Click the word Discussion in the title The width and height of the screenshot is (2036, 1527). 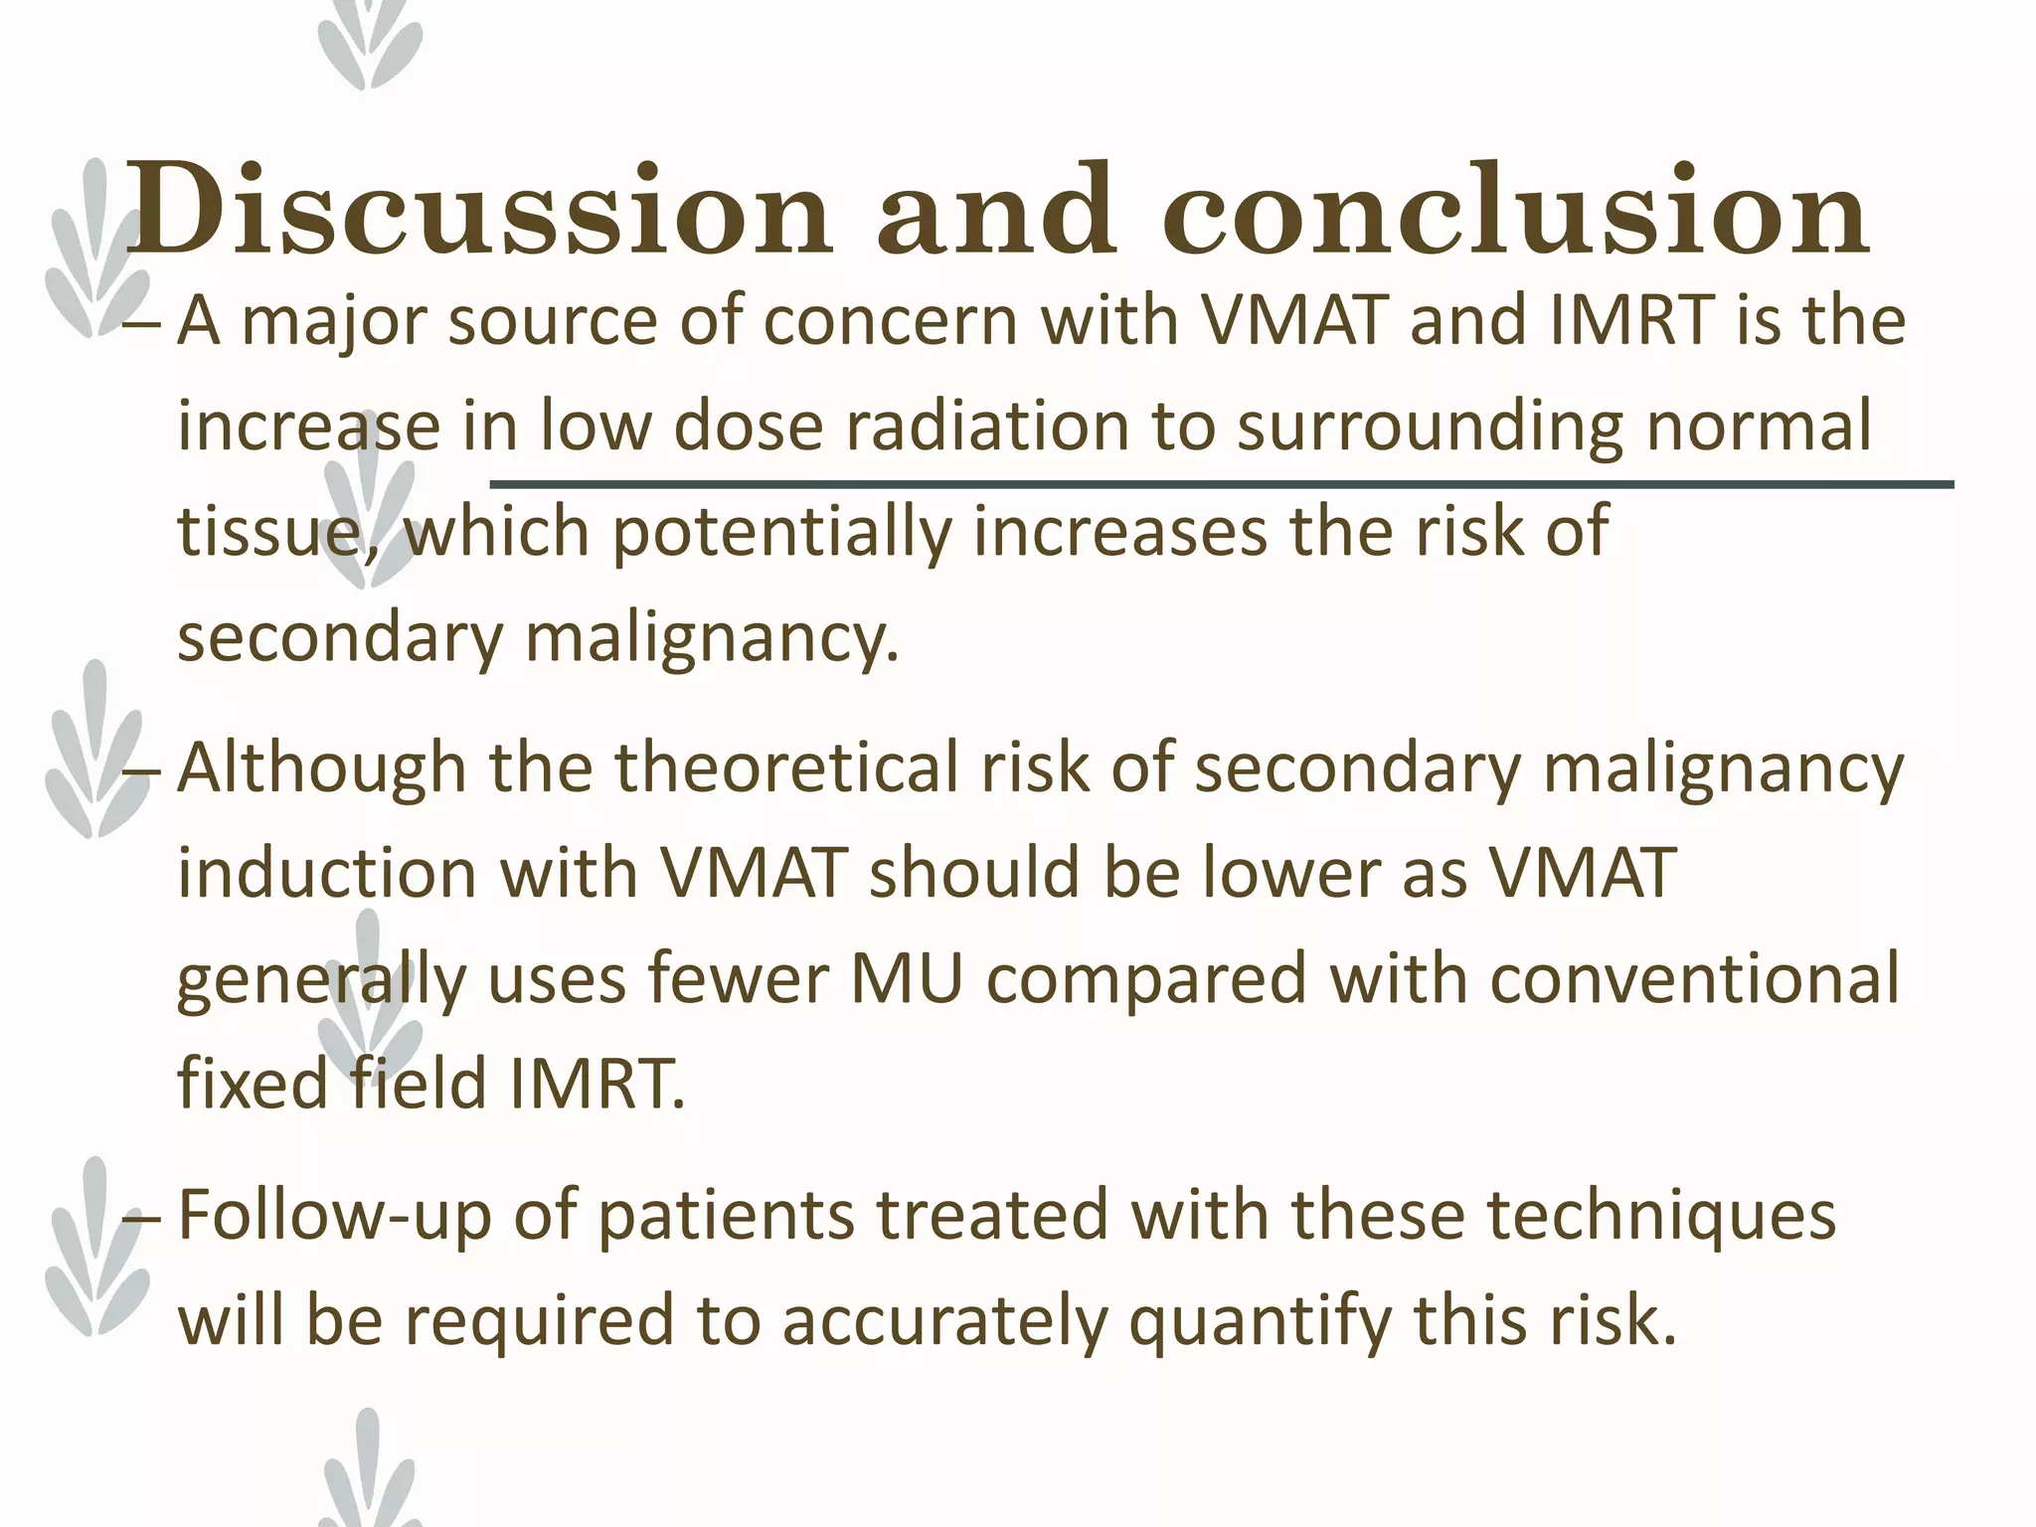coord(477,211)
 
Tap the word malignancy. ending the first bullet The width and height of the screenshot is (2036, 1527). coord(712,638)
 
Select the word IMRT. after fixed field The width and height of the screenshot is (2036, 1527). coord(596,1084)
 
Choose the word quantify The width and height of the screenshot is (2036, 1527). coord(1259,1322)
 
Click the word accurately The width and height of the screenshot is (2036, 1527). coord(944,1322)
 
